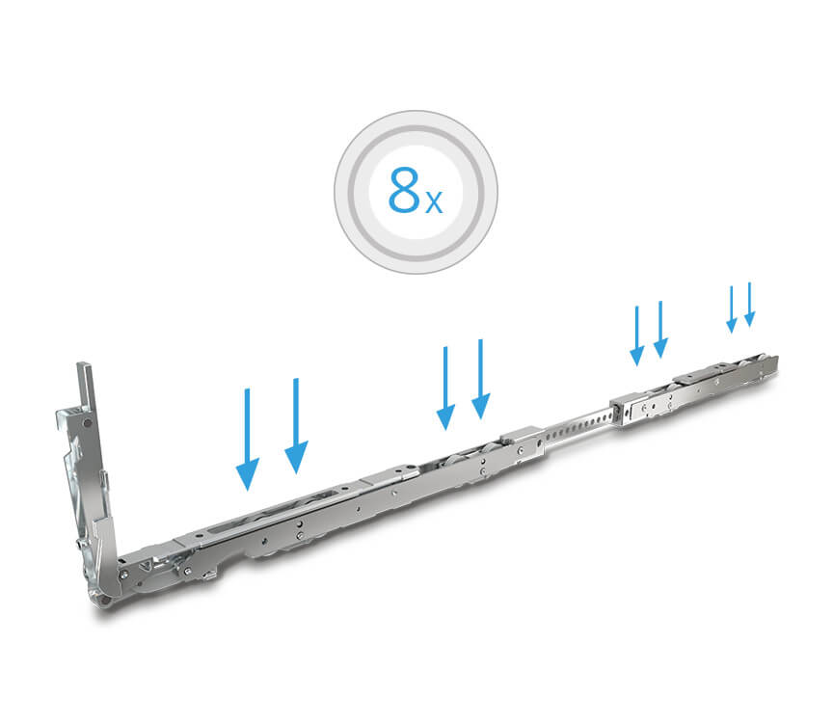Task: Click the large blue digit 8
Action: tap(404, 190)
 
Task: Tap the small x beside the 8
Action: tap(434, 202)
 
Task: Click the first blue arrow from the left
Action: tap(247, 440)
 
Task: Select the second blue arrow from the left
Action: tap(296, 425)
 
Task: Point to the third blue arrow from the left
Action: tap(445, 388)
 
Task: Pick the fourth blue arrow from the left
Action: tap(481, 379)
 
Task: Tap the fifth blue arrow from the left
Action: tap(637, 335)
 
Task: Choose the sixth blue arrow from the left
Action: tap(660, 330)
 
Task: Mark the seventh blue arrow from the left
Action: tap(732, 309)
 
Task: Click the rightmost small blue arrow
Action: tap(749, 305)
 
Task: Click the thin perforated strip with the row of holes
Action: tap(578, 425)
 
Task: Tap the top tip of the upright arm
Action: tap(84, 364)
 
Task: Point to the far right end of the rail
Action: tap(777, 364)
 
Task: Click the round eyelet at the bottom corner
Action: tap(105, 600)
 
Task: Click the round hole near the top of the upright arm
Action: tap(86, 423)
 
